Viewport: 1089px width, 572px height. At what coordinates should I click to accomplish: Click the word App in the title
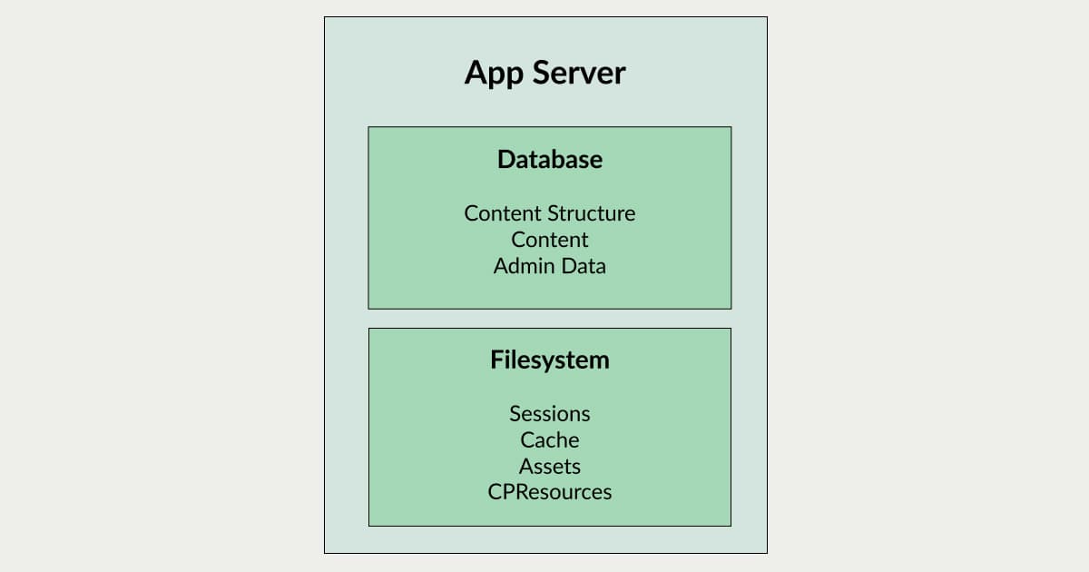pos(494,74)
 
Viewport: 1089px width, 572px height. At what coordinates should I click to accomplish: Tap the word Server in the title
pos(579,73)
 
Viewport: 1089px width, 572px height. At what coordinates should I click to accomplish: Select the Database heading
pos(550,159)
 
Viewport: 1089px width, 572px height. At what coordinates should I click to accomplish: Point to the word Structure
pos(591,213)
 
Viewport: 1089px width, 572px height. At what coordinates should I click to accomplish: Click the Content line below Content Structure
pos(550,240)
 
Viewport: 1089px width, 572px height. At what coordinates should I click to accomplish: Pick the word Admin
pos(525,266)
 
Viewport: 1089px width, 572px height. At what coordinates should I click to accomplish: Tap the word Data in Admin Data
pos(584,266)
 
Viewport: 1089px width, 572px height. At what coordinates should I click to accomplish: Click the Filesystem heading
pos(550,360)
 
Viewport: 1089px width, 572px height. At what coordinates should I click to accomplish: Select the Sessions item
pos(550,414)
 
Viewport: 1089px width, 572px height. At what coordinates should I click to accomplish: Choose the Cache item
pos(550,440)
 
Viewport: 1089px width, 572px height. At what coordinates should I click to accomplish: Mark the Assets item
pos(550,467)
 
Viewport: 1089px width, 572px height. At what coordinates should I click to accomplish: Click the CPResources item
pos(550,492)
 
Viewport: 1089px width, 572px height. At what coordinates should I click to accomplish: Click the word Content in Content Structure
pos(503,213)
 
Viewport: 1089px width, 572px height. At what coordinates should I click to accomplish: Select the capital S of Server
pos(542,73)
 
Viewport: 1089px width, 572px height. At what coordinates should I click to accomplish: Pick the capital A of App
pos(475,73)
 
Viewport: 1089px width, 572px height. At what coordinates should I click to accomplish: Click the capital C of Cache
pos(528,440)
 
